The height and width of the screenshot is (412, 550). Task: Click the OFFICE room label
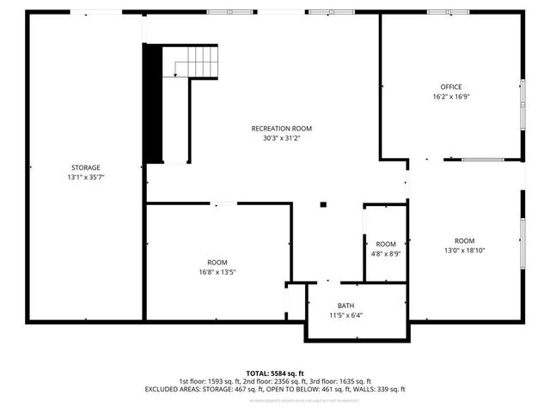tap(451, 87)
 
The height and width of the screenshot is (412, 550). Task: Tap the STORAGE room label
tap(85, 167)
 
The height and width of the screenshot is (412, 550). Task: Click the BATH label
tap(345, 305)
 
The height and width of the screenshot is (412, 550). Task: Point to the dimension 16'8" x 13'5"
tap(217, 272)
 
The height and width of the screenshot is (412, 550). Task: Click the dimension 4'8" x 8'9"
tap(386, 254)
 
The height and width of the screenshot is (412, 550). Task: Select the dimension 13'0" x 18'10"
tap(465, 251)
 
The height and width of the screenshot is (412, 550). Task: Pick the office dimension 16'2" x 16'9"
tap(451, 97)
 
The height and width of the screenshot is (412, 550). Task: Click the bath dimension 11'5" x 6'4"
tap(345, 315)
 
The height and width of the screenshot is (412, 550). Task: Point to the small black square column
tap(323, 204)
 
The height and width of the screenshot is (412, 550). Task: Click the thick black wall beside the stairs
tap(153, 103)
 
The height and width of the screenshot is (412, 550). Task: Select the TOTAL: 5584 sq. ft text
tap(275, 373)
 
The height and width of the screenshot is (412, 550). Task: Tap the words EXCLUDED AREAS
tap(171, 390)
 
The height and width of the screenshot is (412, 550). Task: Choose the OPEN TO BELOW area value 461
tap(327, 390)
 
